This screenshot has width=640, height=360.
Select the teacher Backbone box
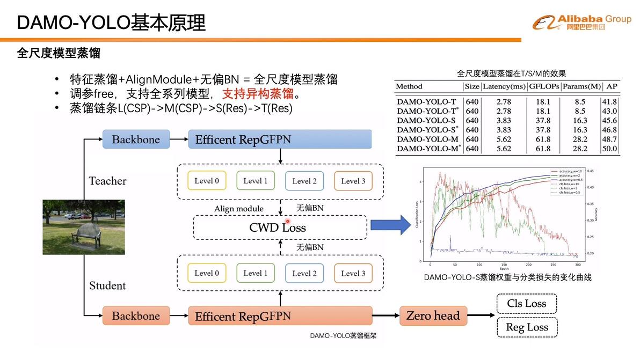coord(136,139)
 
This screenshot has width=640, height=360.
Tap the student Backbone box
coord(136,316)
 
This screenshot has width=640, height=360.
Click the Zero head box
coord(433,315)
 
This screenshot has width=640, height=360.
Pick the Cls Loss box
coord(527,304)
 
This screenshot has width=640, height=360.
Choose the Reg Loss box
coord(527,327)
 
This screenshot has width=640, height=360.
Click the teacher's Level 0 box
coord(207,181)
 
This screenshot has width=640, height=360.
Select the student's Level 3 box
coord(353,273)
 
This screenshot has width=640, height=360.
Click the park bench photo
coord(84,227)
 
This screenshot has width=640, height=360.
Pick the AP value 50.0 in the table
coord(609,149)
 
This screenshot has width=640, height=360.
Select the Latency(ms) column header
coord(504,86)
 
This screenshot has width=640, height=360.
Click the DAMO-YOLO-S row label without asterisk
coord(426,120)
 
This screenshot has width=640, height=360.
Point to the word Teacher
coord(107,181)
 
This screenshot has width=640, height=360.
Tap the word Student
coord(107,285)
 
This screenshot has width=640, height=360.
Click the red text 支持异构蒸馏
coord(258,94)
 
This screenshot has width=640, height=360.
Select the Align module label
coord(239,208)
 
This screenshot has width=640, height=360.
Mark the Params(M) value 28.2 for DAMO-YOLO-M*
coord(580,149)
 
